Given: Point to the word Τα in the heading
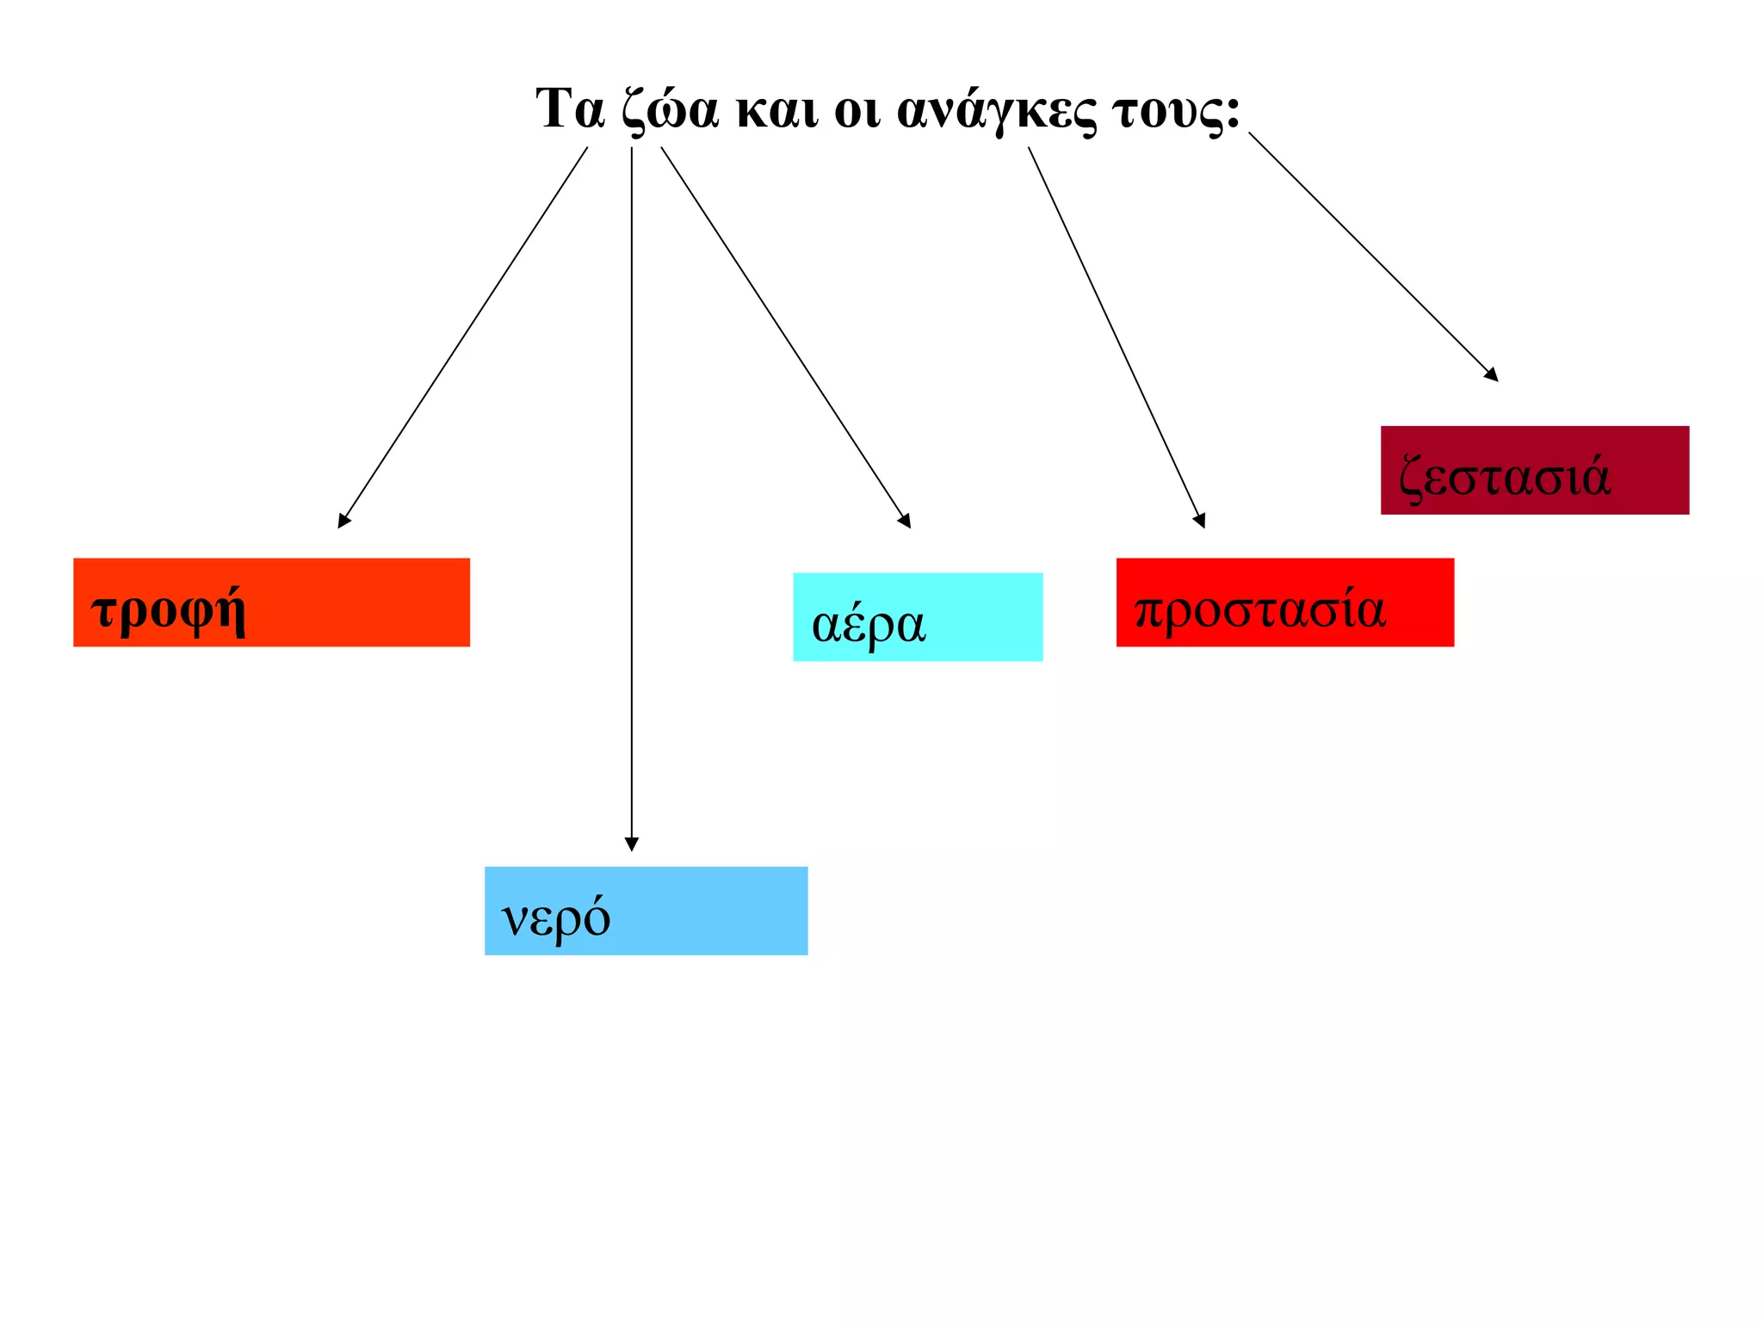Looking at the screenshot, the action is pos(569,109).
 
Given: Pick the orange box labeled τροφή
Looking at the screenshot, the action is pos(271,602).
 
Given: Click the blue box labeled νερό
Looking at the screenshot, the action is pos(646,911).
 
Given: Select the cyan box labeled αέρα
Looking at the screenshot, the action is pos(918,617).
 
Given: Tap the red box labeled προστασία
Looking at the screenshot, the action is pos(1284,602).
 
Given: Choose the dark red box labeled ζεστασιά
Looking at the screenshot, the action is pos(1534,470).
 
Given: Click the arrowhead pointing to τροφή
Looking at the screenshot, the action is pos(343,520).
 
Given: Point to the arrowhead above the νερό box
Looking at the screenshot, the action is pos(632,844).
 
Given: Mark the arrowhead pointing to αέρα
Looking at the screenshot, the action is pos(906,520).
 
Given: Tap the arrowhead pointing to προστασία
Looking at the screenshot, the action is pos(1200,520).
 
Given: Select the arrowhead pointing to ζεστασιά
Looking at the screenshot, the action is pos(1492,374).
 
